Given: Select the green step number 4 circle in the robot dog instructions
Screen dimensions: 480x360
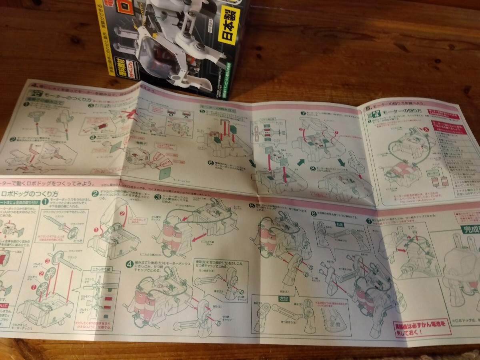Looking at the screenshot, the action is (129, 264).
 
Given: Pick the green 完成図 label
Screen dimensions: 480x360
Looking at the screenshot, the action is (470, 230).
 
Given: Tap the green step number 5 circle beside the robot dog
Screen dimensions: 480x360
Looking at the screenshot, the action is (251, 206).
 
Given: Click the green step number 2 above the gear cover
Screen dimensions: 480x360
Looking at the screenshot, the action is (95, 194).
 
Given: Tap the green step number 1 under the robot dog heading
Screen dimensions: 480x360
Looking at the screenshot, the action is (46, 202).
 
